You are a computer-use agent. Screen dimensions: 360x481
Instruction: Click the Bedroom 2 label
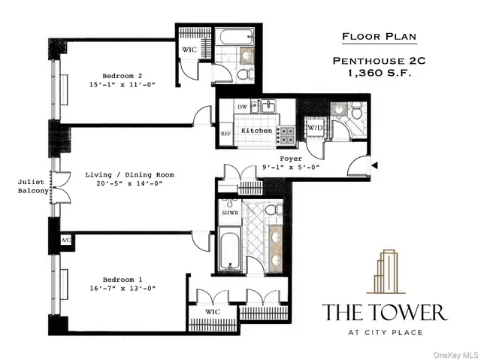coord(123,75)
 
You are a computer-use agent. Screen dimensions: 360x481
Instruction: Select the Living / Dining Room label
coord(129,175)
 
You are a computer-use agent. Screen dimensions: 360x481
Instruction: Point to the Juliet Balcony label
coord(35,186)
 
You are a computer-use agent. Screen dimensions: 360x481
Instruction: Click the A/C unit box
coord(65,240)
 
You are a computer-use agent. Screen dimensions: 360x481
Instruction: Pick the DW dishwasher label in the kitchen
coord(242,107)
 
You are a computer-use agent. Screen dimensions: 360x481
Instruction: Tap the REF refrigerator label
coord(225,133)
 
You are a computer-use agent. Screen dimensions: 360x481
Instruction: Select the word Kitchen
coord(256,131)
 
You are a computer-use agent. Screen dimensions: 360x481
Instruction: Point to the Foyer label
coord(290,159)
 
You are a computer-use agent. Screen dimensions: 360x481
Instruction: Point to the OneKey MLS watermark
coord(454,352)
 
